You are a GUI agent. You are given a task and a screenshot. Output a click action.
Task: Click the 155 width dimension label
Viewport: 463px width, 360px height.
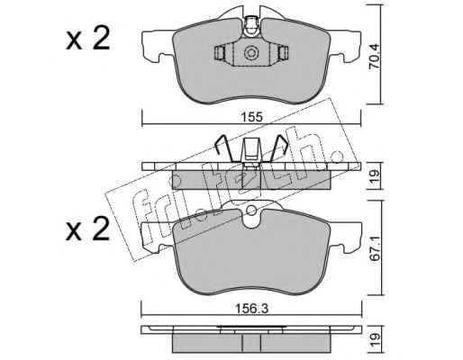(252, 117)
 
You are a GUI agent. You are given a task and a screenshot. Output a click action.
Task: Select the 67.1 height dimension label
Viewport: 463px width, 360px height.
(376, 250)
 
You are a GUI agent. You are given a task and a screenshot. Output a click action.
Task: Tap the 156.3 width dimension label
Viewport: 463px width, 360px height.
(252, 309)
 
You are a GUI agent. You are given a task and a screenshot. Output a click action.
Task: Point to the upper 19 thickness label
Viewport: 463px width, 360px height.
(376, 175)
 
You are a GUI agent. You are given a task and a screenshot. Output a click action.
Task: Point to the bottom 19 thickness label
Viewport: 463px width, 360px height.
(376, 341)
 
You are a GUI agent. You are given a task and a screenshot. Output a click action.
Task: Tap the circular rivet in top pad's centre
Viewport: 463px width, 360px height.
(251, 53)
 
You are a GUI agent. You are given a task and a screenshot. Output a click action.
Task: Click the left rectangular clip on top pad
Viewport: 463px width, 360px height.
(220, 53)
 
